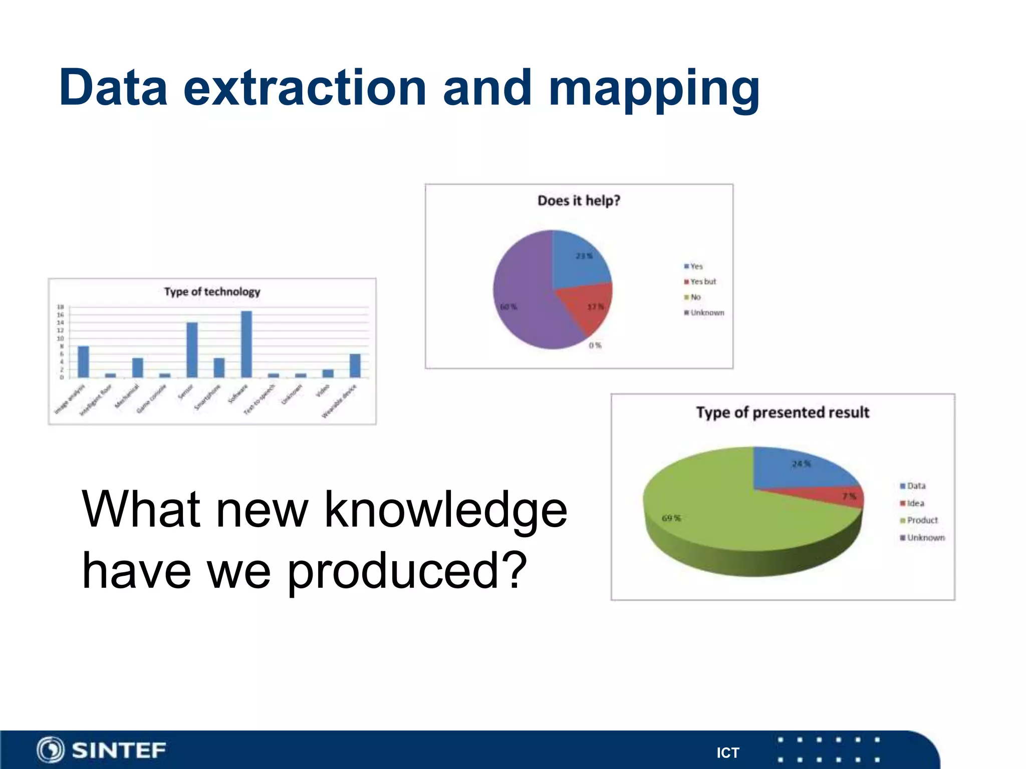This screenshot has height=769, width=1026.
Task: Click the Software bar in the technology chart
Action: point(246,344)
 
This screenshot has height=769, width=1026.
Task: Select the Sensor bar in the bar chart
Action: point(192,350)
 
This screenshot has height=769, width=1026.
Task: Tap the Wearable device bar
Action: point(355,366)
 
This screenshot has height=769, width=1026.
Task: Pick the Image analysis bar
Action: point(83,361)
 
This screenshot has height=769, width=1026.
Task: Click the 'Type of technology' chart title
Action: point(212,292)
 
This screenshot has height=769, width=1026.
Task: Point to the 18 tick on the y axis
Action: point(60,307)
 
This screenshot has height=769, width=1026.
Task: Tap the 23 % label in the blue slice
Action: point(584,256)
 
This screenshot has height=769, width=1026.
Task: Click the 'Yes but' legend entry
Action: point(703,282)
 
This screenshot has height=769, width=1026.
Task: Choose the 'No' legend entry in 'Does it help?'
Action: point(695,297)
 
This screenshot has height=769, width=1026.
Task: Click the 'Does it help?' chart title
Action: point(579,201)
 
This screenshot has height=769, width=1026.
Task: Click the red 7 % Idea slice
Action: point(847,496)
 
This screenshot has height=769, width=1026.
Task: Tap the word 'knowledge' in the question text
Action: point(446,510)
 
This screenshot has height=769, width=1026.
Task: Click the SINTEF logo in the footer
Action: point(101,750)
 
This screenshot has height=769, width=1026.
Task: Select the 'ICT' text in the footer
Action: point(727,753)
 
